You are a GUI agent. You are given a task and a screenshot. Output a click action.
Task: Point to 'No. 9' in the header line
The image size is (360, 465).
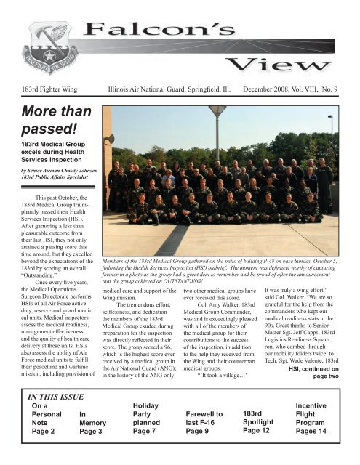pyautogui.click(x=332, y=90)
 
